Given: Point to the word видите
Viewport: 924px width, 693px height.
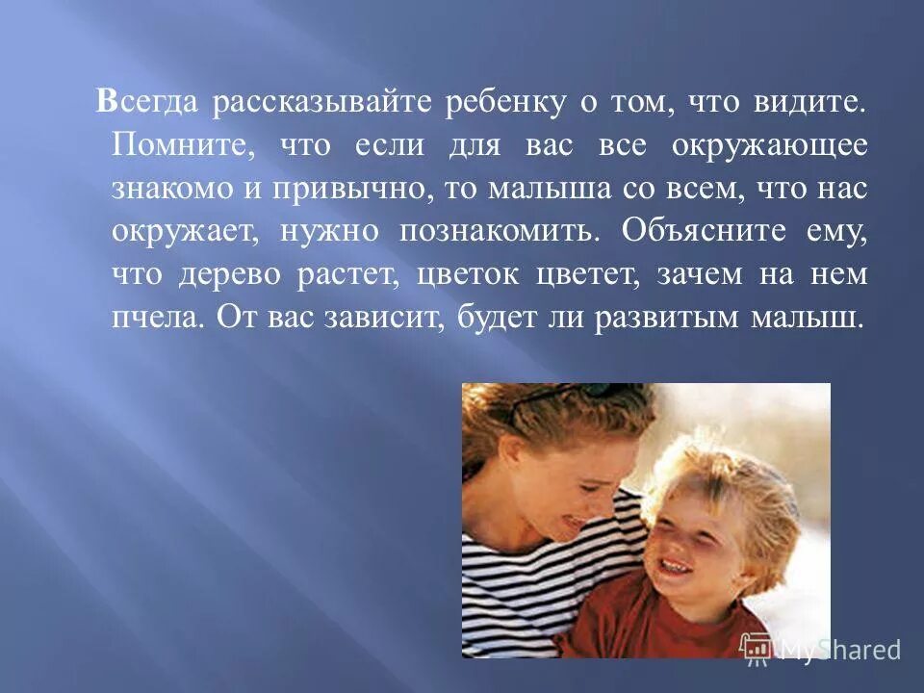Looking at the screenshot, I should pyautogui.click(x=812, y=103).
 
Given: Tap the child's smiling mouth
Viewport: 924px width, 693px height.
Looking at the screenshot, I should pyautogui.click(x=677, y=566).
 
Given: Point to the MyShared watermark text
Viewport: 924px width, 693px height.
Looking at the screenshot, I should pyautogui.click(x=837, y=650).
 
